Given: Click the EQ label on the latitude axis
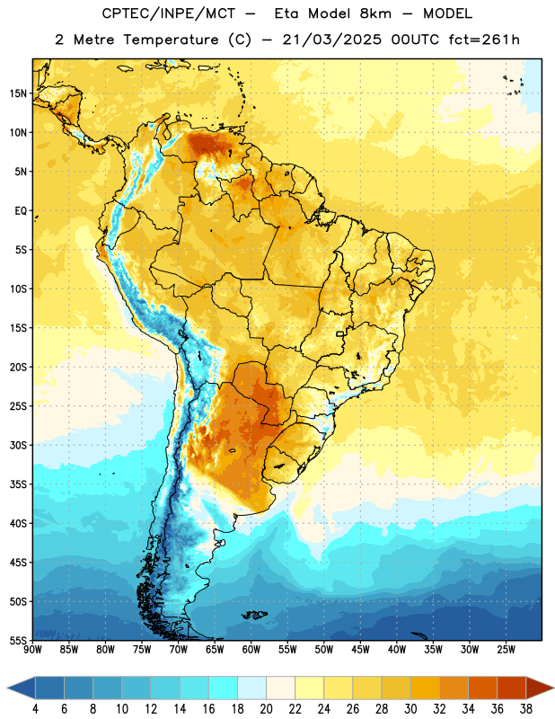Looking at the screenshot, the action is coord(21,211).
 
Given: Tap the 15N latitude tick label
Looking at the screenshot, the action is coord(18,93).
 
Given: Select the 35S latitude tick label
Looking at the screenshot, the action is coord(18,484).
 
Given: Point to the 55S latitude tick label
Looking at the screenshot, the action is coord(18,640).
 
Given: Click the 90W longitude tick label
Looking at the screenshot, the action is coord(33,649).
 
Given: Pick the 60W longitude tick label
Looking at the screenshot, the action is coord(251,649).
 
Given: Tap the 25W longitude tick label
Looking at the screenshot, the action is coord(506,649).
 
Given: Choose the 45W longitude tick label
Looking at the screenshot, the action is coord(360,649).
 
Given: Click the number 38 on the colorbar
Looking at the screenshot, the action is coord(526,709).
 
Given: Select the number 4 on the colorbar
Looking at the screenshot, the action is coord(35,709).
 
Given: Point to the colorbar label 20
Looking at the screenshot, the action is coord(266,709).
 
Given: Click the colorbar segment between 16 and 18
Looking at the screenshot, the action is coord(224,688).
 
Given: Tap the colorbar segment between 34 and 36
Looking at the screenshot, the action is coord(483,688).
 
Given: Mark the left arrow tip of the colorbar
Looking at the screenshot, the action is coord(7,688).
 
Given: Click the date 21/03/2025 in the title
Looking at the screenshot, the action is coord(331,40).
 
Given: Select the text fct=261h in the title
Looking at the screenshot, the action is coord(484,40).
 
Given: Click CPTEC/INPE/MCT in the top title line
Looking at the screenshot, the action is coord(168,13).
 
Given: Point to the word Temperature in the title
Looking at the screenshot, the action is coord(171,40).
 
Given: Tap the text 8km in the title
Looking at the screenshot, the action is coord(375,13).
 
